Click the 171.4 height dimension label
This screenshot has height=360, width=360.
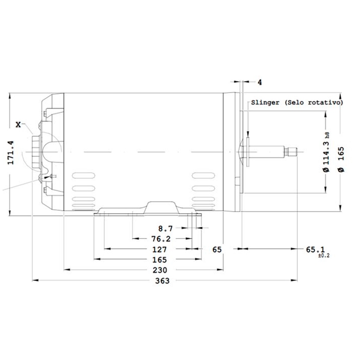coord(11,153)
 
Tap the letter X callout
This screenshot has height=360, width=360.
coord(18,125)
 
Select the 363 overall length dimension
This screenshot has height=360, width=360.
coord(162,281)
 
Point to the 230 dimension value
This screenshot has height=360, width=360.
coord(160,270)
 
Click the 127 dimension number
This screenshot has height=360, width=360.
coord(160,249)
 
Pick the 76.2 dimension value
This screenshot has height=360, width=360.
coord(161,239)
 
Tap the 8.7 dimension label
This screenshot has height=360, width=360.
coord(165,229)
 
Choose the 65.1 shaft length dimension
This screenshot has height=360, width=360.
coord(315,249)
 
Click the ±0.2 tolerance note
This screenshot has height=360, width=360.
coord(324,256)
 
